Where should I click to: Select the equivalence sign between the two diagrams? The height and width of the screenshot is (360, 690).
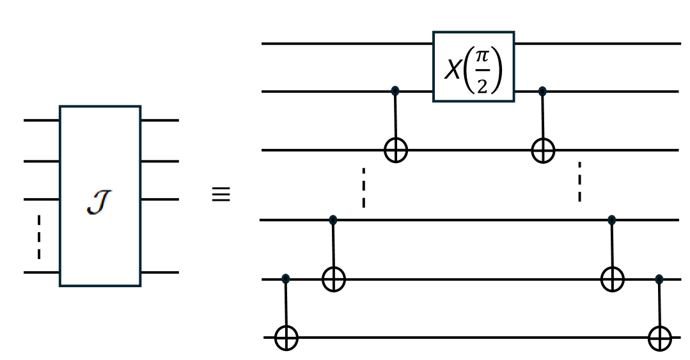[221, 194]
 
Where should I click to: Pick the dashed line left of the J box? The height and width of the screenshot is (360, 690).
[39, 237]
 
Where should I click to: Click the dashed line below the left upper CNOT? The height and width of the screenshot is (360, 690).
[363, 187]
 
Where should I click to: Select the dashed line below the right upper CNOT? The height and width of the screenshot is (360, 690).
[579, 182]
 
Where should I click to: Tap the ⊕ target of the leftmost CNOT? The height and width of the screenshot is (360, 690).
[286, 338]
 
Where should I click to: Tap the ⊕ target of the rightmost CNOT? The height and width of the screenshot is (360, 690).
[659, 338]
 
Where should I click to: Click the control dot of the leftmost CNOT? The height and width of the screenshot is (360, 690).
[286, 279]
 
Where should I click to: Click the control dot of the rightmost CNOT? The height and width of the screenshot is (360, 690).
[659, 279]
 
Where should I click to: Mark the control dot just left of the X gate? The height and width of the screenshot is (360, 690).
[395, 91]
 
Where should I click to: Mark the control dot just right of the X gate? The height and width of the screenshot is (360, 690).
[543, 91]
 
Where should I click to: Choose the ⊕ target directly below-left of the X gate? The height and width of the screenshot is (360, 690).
[395, 151]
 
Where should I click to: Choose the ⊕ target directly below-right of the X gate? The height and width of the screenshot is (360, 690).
[543, 151]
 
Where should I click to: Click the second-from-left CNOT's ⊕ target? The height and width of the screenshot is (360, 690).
[333, 279]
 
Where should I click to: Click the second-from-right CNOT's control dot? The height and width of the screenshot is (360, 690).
[612, 220]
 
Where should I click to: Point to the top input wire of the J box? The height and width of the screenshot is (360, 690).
[42, 120]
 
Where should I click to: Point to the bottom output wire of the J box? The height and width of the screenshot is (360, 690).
[160, 272]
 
